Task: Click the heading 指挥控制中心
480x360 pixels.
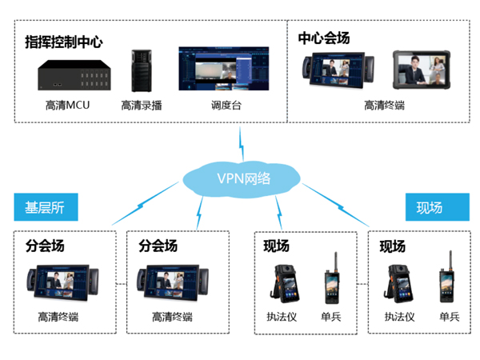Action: click(x=64, y=41)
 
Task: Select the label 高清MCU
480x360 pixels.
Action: click(x=68, y=105)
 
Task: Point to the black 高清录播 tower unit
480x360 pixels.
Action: click(x=142, y=72)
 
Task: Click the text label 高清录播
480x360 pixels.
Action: click(x=142, y=105)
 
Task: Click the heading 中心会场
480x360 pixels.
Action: click(x=324, y=38)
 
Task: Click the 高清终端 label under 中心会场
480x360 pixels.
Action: click(x=385, y=105)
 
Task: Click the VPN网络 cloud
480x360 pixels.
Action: click(x=239, y=178)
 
